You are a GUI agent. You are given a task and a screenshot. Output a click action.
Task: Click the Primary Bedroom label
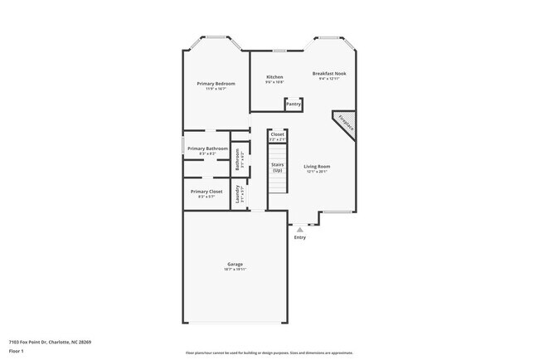point(216,84)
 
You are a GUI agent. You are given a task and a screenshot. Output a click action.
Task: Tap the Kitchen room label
point(274,77)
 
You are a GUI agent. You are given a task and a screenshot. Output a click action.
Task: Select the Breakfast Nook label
point(329,74)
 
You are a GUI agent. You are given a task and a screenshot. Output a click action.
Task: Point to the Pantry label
point(293,105)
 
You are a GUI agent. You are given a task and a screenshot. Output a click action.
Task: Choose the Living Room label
point(317,167)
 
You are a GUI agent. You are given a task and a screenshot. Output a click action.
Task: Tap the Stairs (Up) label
point(277,168)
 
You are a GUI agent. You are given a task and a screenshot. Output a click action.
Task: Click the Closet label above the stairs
point(277,134)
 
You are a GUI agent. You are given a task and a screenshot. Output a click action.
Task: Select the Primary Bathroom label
point(207,148)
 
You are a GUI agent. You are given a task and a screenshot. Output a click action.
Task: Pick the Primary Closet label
point(206,191)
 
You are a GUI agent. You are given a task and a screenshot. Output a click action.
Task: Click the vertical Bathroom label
point(238,158)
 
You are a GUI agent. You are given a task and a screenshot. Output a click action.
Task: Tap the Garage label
point(234,264)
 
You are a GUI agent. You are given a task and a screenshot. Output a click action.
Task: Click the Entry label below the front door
point(299,238)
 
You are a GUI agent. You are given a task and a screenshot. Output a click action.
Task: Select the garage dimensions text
point(234,270)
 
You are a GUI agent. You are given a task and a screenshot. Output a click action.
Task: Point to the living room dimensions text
point(317,173)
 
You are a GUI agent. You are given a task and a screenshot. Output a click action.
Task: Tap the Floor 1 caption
point(17,351)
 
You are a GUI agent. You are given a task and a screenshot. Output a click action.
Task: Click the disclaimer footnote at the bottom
point(269,353)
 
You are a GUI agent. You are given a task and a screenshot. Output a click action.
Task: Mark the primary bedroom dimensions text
point(216,89)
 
